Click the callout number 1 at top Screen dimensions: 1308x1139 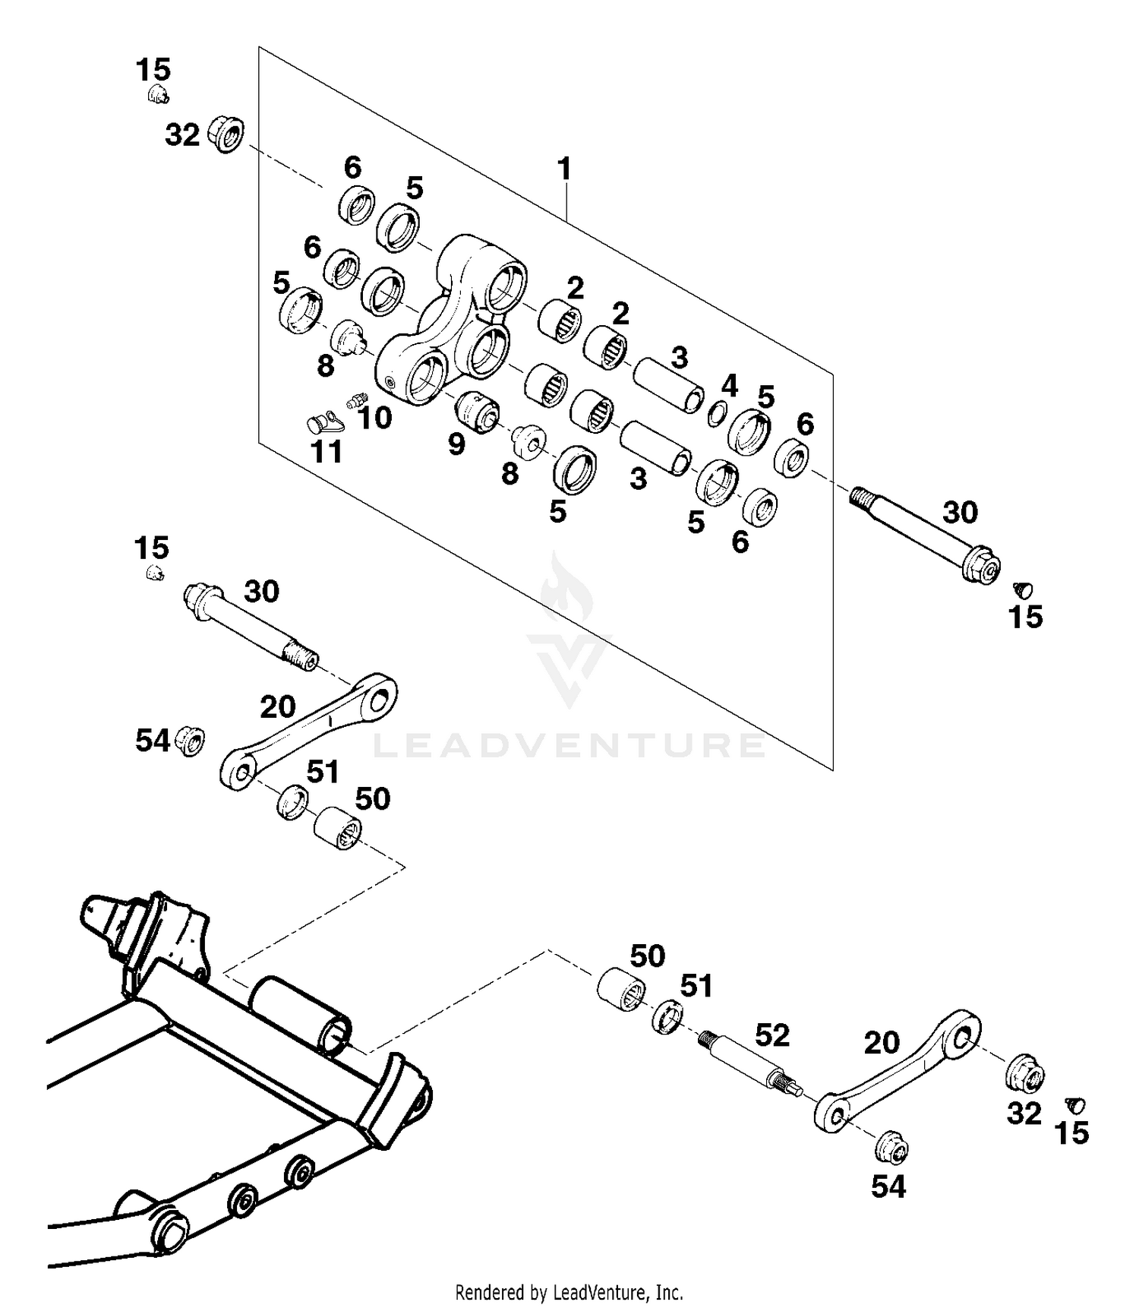(x=563, y=169)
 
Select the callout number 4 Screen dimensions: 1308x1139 (x=729, y=386)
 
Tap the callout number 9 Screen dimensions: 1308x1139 (x=456, y=444)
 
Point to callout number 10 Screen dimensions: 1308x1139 (x=374, y=416)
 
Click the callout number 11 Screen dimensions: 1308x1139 (x=327, y=451)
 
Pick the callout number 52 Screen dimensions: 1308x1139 (x=772, y=1035)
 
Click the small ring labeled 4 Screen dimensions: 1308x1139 (x=715, y=415)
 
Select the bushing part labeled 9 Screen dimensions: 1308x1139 (x=476, y=412)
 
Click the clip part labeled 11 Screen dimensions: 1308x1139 (x=323, y=421)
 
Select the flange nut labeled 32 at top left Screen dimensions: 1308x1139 (x=226, y=134)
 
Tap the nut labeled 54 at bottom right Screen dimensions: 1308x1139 (x=892, y=1148)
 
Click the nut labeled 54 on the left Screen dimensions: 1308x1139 (x=190, y=740)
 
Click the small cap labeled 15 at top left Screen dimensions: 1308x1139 (x=157, y=95)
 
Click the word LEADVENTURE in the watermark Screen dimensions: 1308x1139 (x=569, y=745)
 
